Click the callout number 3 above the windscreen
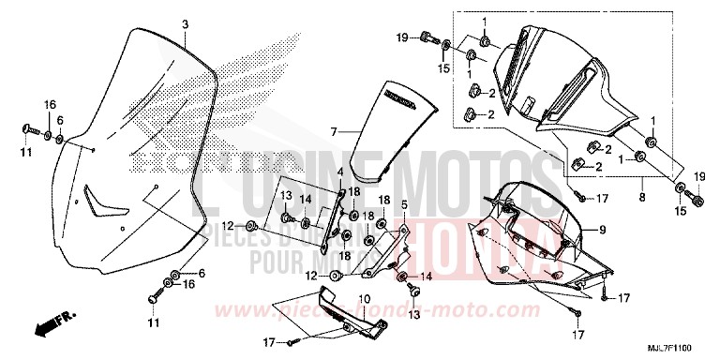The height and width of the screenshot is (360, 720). pyautogui.click(x=185, y=23)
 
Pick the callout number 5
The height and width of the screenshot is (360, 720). pyautogui.click(x=403, y=204)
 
